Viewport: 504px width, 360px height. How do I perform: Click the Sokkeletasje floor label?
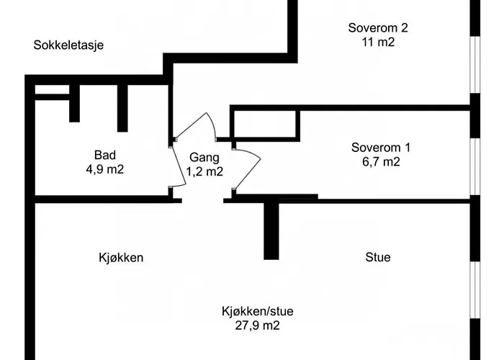click(x=68, y=45)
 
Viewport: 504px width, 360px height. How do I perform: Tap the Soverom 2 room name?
click(x=378, y=27)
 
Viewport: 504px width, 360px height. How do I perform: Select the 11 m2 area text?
click(x=378, y=42)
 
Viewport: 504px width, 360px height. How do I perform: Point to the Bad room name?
click(x=105, y=155)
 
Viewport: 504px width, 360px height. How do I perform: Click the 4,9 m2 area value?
click(x=105, y=169)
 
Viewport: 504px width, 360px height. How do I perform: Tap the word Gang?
click(x=204, y=158)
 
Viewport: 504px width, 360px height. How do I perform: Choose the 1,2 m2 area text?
click(x=204, y=171)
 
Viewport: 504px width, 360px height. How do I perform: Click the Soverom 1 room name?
click(x=381, y=148)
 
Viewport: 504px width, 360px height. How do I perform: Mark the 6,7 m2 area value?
click(x=381, y=162)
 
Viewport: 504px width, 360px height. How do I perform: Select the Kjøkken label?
click(x=121, y=258)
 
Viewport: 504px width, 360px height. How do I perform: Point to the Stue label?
click(x=378, y=257)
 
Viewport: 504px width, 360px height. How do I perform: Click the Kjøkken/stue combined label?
click(x=258, y=311)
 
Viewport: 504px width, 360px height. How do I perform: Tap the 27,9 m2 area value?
click(x=258, y=325)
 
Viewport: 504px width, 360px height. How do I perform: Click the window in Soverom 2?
click(x=475, y=64)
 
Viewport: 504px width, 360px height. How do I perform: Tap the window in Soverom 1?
click(x=475, y=167)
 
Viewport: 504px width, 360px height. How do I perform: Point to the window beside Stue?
click(x=475, y=290)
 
